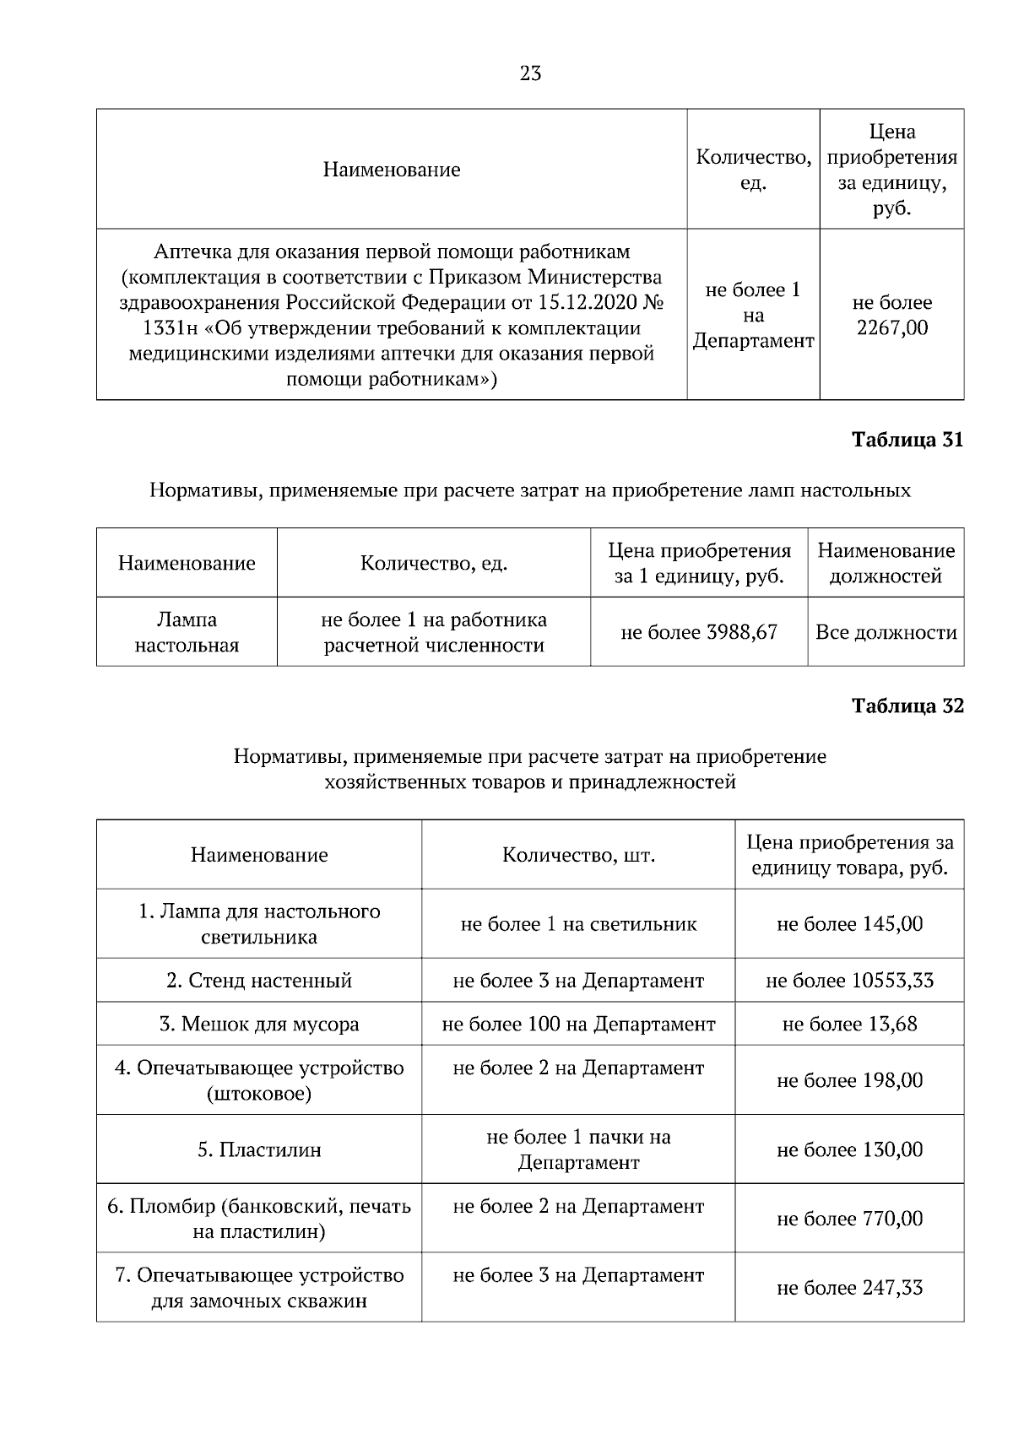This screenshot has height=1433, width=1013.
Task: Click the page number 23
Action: [x=530, y=73]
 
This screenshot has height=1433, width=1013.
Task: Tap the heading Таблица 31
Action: [x=907, y=440]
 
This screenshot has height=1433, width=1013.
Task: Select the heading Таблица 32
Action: [x=907, y=706]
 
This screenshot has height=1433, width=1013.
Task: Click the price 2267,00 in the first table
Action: [x=891, y=328]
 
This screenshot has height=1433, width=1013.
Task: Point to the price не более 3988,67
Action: [x=698, y=632]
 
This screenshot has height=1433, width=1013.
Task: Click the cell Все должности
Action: [x=886, y=632]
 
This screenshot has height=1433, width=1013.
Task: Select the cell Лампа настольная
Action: [x=187, y=632]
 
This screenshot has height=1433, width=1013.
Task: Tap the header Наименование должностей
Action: [x=886, y=563]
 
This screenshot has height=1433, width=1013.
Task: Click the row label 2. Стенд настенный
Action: [x=259, y=981]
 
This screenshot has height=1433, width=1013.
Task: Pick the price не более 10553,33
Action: [x=849, y=981]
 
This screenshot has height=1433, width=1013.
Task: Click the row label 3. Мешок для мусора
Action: [x=259, y=1025]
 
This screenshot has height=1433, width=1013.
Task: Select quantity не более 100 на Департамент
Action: [x=578, y=1025]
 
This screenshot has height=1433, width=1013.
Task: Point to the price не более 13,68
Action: [x=849, y=1025]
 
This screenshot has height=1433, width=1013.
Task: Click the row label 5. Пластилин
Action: [x=259, y=1149]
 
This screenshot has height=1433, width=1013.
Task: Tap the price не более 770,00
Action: [x=849, y=1219]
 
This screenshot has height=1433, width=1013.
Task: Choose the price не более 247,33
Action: [x=849, y=1288]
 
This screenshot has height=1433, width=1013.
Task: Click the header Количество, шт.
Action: [x=578, y=855]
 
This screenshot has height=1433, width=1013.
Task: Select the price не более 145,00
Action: [x=849, y=924]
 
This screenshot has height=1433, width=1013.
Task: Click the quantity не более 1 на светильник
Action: [x=578, y=924]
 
